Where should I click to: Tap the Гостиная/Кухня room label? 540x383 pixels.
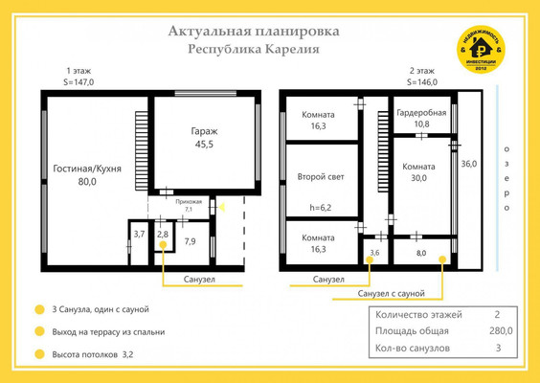[86, 174]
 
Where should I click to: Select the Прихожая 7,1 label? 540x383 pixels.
[188, 205]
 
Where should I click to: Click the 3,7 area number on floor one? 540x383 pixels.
[139, 234]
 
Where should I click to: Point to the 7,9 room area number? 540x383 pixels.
[191, 240]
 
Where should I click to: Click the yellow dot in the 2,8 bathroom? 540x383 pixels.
[163, 246]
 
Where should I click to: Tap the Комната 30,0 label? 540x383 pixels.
[418, 172]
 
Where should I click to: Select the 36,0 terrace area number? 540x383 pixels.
[469, 164]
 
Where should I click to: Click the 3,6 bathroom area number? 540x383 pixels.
[374, 253]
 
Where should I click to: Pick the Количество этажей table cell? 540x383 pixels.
[419, 314]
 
